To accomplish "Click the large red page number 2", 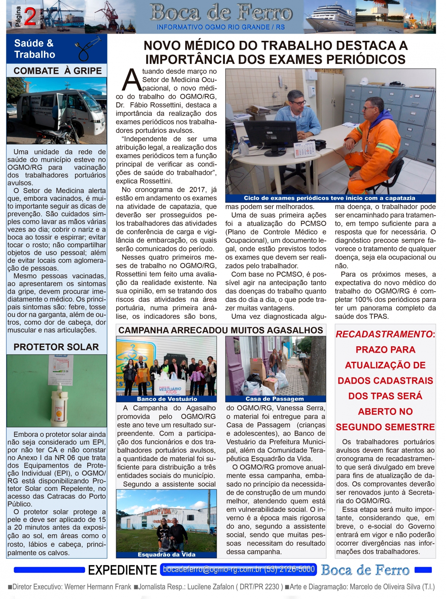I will (x=30, y=17).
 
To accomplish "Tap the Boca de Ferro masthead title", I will (x=221, y=13).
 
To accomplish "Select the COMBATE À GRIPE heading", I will (x=58, y=71).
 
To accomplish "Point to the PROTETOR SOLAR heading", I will (x=56, y=347).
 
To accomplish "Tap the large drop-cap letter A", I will (x=132, y=80).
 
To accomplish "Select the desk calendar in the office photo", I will (x=305, y=150).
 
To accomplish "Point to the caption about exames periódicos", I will (x=329, y=198).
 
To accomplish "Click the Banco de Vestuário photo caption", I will (x=167, y=399).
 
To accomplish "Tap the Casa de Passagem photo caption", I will (x=275, y=399).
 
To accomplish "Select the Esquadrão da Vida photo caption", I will (x=167, y=554).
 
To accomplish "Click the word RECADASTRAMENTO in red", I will (x=384, y=334).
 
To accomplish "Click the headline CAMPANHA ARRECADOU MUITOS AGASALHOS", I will (x=221, y=330).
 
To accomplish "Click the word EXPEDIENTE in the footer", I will (x=122, y=570).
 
